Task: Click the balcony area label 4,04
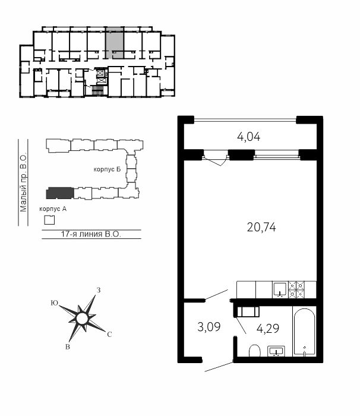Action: click(x=248, y=137)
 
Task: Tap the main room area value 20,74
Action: click(x=261, y=228)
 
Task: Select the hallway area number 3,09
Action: click(x=209, y=327)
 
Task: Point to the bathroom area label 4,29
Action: click(x=268, y=329)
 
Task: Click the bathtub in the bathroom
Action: click(x=305, y=332)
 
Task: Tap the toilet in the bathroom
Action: click(x=255, y=351)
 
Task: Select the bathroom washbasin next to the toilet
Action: click(x=276, y=351)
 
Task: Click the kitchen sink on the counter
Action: click(x=280, y=289)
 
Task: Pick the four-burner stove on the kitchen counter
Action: click(x=296, y=290)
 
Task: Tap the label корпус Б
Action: click(x=107, y=169)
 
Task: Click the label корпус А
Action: click(x=53, y=209)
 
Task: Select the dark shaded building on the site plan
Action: click(x=60, y=193)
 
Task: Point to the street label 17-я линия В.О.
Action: click(x=91, y=234)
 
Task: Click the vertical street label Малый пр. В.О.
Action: click(x=23, y=182)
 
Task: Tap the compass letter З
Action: click(x=99, y=290)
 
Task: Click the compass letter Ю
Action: click(x=55, y=303)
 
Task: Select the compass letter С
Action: click(x=109, y=335)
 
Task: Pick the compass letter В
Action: click(x=68, y=346)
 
